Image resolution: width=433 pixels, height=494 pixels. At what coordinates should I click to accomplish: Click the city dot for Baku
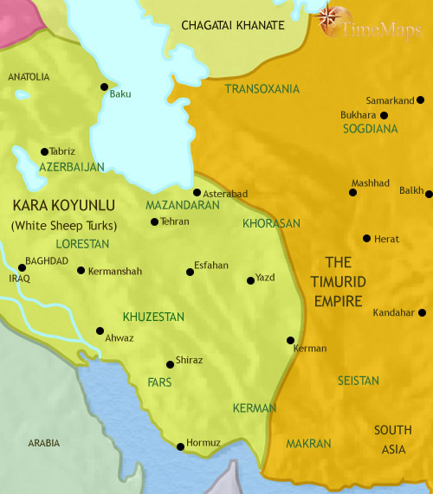click(x=104, y=87)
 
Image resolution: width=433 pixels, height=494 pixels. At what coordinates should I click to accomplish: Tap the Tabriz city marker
click(x=44, y=151)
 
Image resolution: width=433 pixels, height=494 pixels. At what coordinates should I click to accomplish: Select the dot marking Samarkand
click(x=420, y=99)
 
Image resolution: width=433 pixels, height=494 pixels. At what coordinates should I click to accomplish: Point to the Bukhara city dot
click(x=384, y=114)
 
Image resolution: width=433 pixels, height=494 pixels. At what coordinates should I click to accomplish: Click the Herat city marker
click(x=367, y=238)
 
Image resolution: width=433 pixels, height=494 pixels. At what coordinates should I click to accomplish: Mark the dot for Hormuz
click(x=180, y=446)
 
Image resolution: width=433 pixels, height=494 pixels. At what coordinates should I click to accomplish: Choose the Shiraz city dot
click(x=170, y=363)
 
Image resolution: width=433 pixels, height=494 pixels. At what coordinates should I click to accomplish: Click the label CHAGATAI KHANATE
click(x=232, y=26)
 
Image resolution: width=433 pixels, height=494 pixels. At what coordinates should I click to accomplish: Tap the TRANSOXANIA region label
click(x=262, y=89)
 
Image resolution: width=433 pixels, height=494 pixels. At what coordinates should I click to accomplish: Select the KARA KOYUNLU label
click(x=52, y=207)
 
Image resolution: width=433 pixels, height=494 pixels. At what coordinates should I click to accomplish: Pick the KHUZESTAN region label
click(x=153, y=317)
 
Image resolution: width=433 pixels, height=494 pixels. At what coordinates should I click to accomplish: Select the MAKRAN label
click(x=308, y=443)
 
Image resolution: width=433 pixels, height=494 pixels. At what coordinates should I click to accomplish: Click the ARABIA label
click(x=43, y=443)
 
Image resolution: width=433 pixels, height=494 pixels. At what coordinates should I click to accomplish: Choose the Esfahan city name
click(x=212, y=266)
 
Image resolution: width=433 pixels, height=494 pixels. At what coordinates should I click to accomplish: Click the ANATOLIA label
click(x=29, y=77)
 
